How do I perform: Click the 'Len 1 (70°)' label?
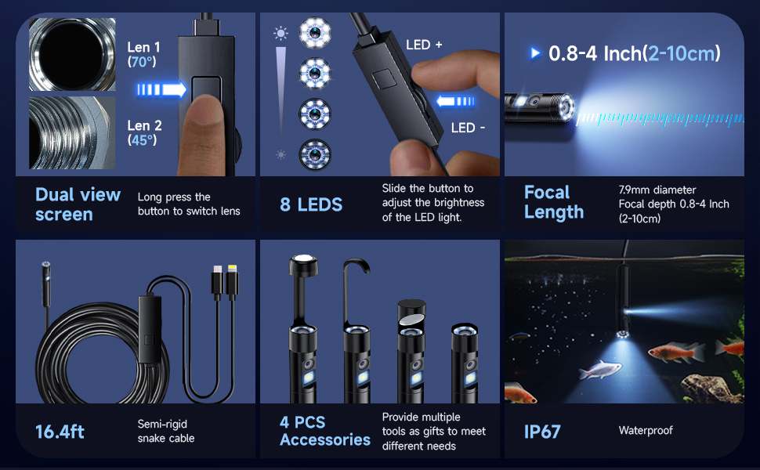point(144,54)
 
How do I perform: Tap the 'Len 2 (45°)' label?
point(144,132)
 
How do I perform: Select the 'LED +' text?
point(424,45)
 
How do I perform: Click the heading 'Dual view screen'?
point(78,204)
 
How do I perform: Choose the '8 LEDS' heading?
point(311,205)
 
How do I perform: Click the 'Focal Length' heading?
point(554,202)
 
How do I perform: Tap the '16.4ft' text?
point(60,432)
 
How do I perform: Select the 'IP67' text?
point(542,432)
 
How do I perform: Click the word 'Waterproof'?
point(646,430)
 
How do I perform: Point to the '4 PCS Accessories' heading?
point(325,431)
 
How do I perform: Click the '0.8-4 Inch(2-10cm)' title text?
point(633,53)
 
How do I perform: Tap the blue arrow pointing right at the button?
point(161,89)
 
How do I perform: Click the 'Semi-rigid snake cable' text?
point(165,431)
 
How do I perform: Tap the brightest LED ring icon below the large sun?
point(315,33)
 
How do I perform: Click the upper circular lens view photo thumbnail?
point(72,54)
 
